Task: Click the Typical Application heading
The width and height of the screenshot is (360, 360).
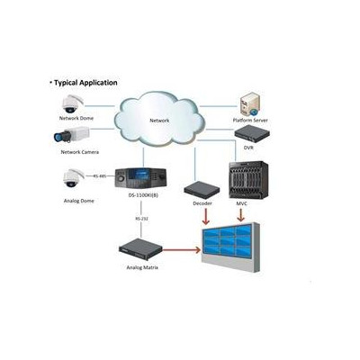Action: [84, 82]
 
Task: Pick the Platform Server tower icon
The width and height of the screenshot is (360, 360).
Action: [250, 103]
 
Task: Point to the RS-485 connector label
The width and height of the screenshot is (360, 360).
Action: [101, 176]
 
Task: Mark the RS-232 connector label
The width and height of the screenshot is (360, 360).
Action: [141, 217]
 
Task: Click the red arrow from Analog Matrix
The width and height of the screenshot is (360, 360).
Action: [180, 246]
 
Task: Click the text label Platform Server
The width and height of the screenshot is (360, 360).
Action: [250, 119]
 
